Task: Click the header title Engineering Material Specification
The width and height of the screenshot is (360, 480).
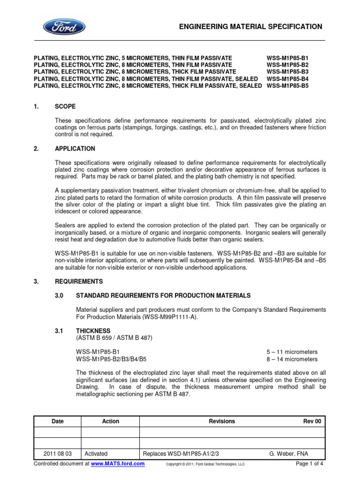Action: [x=251, y=27]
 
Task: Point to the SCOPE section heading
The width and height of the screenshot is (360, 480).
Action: [x=65, y=106]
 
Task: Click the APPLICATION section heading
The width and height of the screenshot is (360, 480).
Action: [x=75, y=149]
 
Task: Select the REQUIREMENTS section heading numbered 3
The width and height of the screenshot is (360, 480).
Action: [x=79, y=282]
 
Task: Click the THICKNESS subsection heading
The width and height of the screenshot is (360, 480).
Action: [x=93, y=330]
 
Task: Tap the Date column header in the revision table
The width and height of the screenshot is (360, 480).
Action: [x=58, y=421]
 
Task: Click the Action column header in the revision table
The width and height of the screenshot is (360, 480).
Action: [x=111, y=421]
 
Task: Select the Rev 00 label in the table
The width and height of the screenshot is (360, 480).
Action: [x=312, y=421]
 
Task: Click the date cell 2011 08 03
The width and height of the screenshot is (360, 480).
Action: [x=58, y=454]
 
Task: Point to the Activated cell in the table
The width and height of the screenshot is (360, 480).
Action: [x=96, y=454]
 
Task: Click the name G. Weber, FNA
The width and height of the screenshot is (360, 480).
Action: [x=289, y=454]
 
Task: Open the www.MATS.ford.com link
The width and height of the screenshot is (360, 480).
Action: [x=118, y=464]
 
